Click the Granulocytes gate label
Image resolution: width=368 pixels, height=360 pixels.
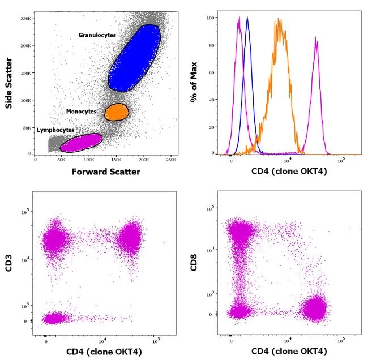(x=97, y=35)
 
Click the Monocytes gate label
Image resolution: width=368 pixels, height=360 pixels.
(x=81, y=112)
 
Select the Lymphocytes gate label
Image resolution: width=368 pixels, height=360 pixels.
(x=55, y=130)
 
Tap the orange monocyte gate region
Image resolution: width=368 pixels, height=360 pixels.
(x=117, y=112)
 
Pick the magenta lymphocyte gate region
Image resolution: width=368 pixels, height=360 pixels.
(x=80, y=142)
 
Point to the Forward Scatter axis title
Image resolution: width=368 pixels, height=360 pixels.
(x=106, y=172)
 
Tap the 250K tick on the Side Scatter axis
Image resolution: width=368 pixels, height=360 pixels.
(x=25, y=18)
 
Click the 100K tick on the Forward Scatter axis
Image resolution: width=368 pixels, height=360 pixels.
(x=89, y=160)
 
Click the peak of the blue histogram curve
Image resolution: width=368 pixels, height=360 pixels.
(x=247, y=18)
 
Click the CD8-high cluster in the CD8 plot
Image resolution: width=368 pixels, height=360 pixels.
(x=241, y=232)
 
